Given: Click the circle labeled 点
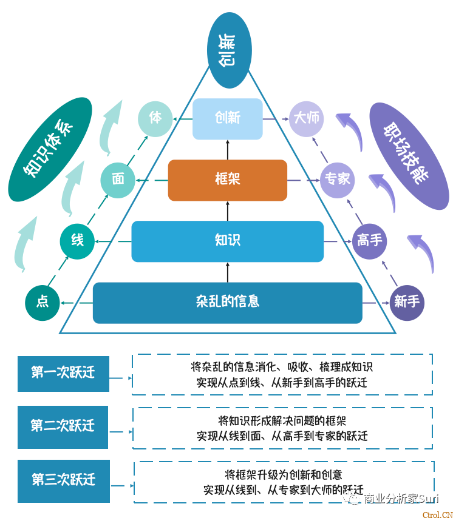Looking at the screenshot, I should click(x=43, y=302).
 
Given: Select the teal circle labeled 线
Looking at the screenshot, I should click(x=77, y=241).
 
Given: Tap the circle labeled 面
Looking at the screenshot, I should click(x=118, y=180).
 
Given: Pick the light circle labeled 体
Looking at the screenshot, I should click(x=156, y=118).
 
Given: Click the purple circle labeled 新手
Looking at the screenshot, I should click(x=406, y=302).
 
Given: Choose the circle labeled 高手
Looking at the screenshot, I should click(x=370, y=241).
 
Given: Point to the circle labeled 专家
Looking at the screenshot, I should click(x=338, y=180).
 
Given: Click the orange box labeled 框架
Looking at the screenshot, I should click(x=228, y=180).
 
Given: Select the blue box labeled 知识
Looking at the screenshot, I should click(x=228, y=241).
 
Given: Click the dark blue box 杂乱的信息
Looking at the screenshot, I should click(x=228, y=302).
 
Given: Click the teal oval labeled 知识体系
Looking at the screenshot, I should click(x=50, y=150).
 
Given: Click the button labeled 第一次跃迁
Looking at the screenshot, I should click(x=63, y=373).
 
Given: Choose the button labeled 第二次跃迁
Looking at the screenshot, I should click(x=63, y=426).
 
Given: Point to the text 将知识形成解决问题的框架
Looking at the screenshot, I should click(x=282, y=420).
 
